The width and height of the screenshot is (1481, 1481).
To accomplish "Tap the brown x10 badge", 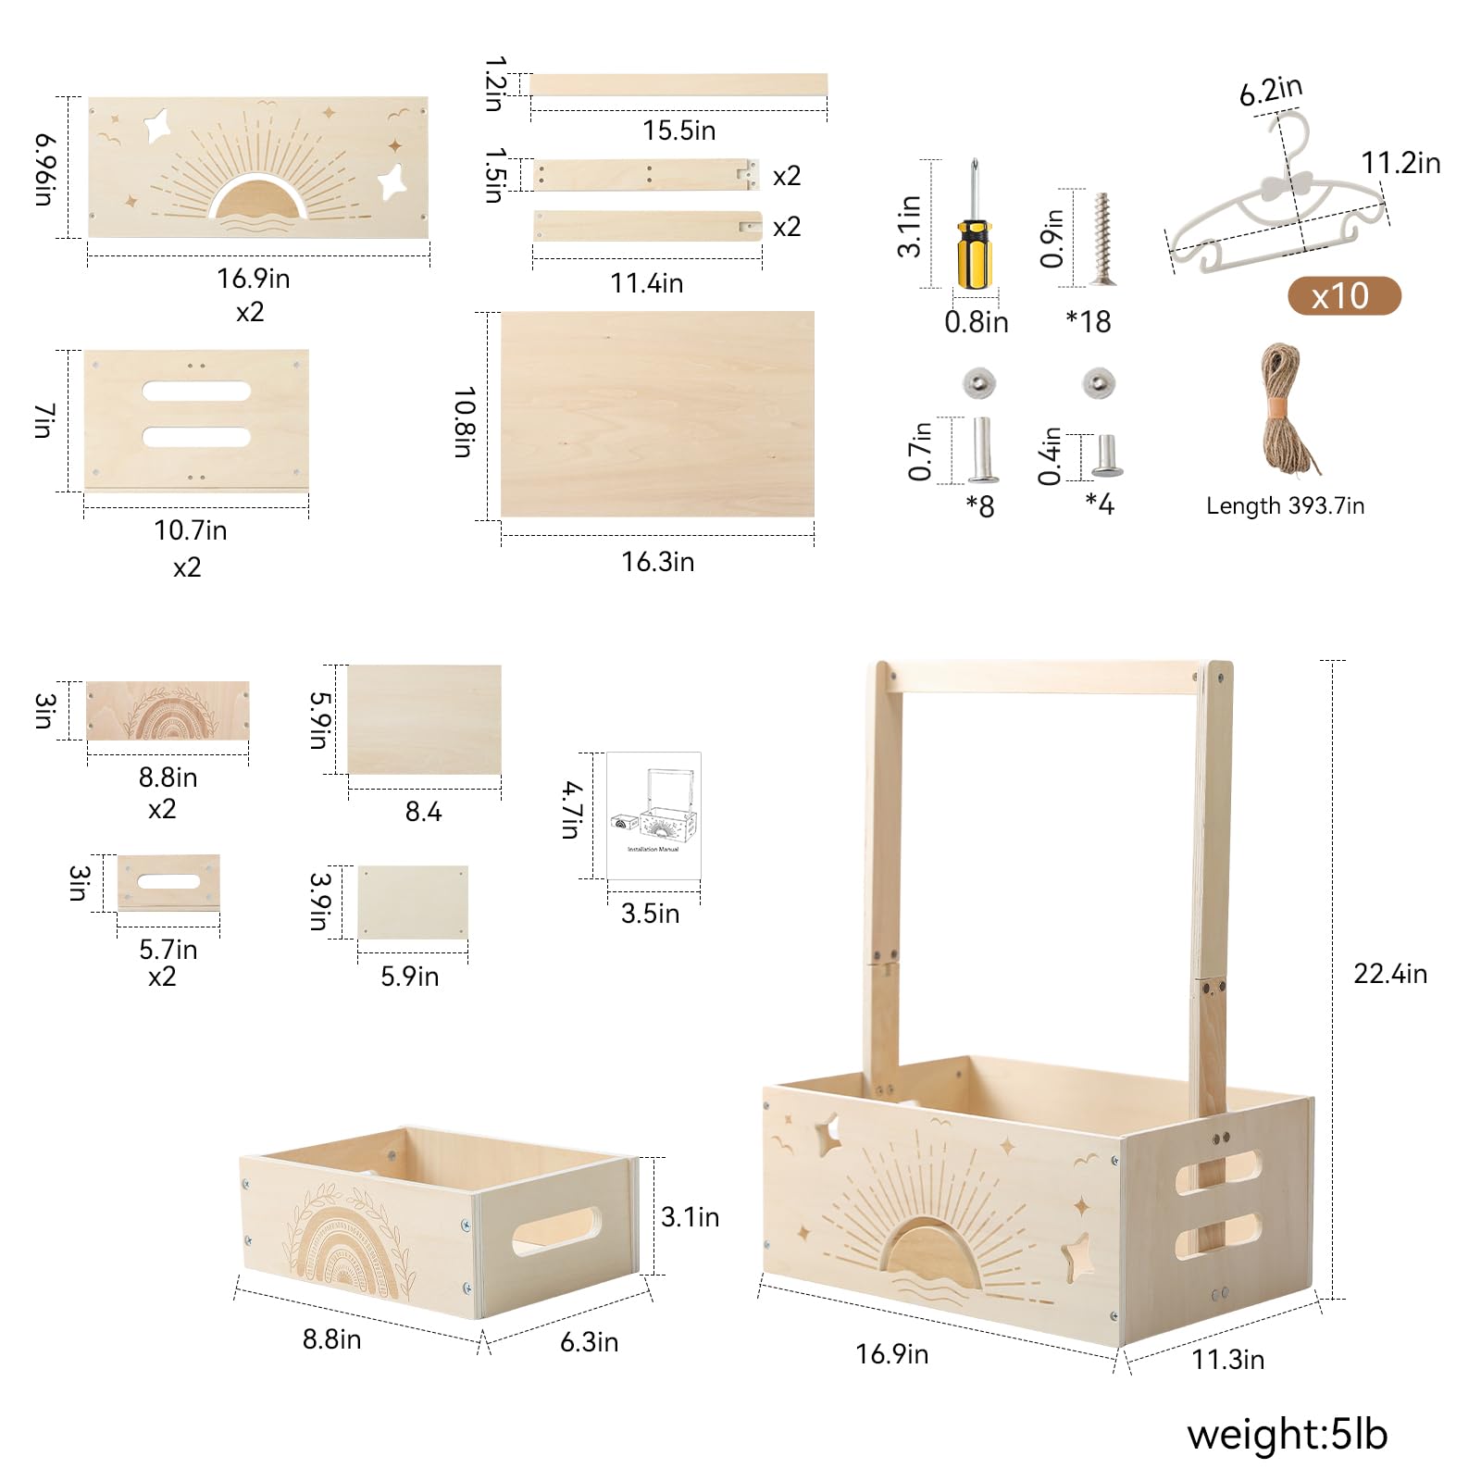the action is [1344, 296].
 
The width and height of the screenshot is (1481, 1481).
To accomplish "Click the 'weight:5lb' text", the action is [1287, 1434].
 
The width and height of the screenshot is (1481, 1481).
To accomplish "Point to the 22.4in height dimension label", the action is [1390, 974].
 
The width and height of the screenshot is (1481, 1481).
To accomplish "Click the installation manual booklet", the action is [653, 815].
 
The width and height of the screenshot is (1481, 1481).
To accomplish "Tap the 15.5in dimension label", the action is [679, 131].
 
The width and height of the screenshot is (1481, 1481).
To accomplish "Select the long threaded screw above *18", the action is [1101, 238].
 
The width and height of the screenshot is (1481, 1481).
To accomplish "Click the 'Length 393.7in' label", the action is [1285, 505].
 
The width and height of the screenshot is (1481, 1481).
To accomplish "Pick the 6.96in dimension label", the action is [45, 168].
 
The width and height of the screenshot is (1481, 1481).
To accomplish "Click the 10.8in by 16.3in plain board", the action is [657, 414].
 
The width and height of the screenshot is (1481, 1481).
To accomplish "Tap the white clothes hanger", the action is [1277, 199].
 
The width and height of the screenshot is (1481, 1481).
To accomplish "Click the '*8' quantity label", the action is [980, 506].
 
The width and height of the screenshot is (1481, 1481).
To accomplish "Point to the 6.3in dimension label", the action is [589, 1342].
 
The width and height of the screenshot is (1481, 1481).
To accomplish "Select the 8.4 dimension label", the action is [424, 812].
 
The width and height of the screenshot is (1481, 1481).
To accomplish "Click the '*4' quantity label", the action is [1100, 504].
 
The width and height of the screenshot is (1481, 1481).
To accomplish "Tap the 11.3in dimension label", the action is [1227, 1360].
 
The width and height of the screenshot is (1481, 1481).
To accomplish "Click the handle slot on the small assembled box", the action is [556, 1231].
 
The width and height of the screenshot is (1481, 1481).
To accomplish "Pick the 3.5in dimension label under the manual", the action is [650, 914].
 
